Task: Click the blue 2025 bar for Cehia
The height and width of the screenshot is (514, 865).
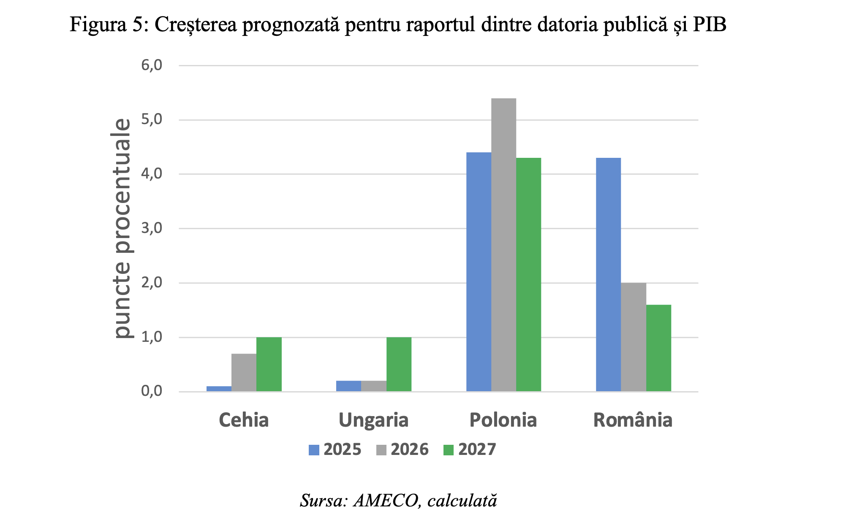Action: tap(219, 389)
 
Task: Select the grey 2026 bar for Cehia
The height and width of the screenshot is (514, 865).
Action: tap(244, 373)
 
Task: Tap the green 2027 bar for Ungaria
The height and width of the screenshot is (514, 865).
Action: tap(399, 364)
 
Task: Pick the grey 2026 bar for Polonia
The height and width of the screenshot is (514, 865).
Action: tap(503, 245)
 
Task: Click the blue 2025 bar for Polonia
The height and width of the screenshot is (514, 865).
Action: tap(479, 272)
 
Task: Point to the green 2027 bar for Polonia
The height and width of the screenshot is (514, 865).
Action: tap(528, 275)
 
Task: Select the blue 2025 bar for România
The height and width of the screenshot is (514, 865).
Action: tap(608, 275)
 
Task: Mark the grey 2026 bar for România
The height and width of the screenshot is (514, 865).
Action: tap(633, 337)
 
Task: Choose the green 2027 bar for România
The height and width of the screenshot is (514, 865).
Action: tap(658, 348)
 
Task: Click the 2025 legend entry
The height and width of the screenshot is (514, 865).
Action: tap(335, 450)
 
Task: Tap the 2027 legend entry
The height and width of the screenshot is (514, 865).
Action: tap(470, 450)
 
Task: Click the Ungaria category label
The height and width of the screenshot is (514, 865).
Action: tap(373, 420)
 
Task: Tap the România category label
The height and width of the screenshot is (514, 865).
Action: tap(633, 420)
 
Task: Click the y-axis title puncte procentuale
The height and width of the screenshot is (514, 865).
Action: tap(122, 228)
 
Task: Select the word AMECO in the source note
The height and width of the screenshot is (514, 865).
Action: tap(386, 501)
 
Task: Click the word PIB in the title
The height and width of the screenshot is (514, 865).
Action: tap(709, 24)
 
